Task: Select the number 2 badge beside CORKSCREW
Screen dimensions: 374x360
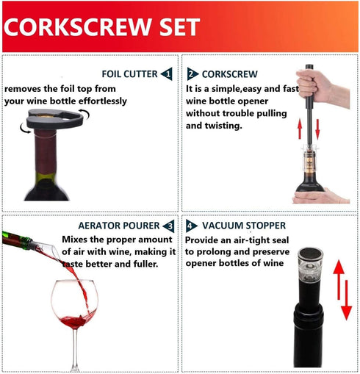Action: point(192,73)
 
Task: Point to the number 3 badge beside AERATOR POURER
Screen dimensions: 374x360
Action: point(169,226)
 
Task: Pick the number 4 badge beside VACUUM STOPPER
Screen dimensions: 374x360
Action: point(192,226)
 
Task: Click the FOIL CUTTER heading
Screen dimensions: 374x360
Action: point(129,73)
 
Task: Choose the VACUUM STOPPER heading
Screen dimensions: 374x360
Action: point(234,226)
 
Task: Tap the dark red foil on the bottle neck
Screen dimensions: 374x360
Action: point(46,154)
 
